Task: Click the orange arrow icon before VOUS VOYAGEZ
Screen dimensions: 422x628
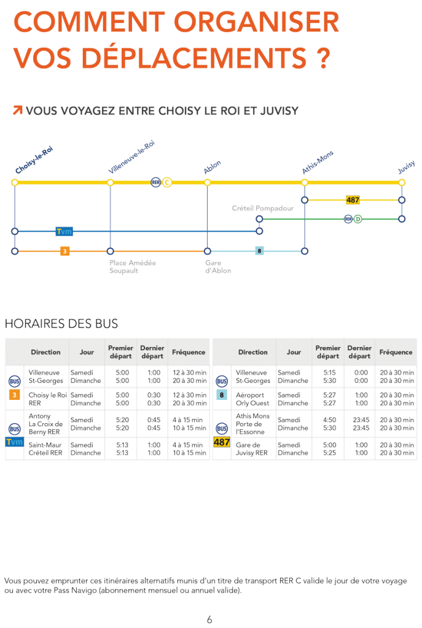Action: (x=18, y=110)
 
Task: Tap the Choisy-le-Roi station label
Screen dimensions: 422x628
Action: (x=34, y=160)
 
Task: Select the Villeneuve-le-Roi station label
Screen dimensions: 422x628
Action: (x=131, y=156)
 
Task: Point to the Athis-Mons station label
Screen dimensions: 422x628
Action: (x=318, y=162)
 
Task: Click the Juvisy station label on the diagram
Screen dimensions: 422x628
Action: (x=406, y=167)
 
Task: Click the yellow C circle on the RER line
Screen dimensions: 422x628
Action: (x=167, y=183)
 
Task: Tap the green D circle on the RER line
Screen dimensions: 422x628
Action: (x=358, y=219)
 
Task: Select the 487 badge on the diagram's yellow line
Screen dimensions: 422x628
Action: (x=353, y=200)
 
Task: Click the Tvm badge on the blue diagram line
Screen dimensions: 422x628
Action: (x=64, y=231)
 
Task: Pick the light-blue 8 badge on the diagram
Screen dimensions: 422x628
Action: (x=260, y=251)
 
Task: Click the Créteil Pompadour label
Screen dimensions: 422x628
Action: (x=263, y=209)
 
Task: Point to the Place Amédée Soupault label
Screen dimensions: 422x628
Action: (x=133, y=267)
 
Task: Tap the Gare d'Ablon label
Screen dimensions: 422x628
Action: (x=218, y=267)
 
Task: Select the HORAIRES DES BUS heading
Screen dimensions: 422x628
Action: (x=61, y=324)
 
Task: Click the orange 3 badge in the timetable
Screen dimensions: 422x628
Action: (x=15, y=395)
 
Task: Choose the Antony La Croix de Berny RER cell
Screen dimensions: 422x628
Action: (x=45, y=424)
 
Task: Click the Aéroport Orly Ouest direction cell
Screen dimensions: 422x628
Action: (x=252, y=399)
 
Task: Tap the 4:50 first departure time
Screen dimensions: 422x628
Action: (x=330, y=419)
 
